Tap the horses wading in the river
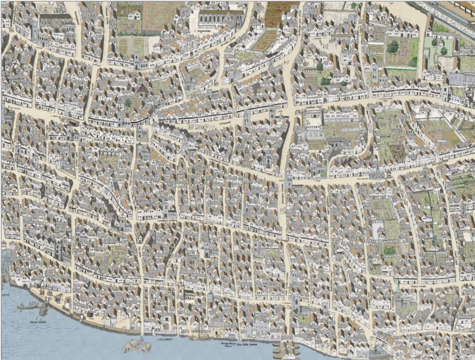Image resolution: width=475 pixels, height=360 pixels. (135, 345)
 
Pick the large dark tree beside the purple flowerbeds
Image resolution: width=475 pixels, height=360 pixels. (393, 47)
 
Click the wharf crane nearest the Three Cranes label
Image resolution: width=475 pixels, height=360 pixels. (43, 309)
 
